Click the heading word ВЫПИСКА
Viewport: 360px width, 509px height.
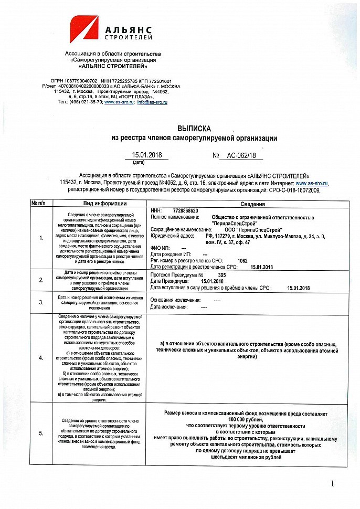coord(194,128)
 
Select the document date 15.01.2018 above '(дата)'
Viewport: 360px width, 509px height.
coord(148,155)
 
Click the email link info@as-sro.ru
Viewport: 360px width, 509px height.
coord(152,102)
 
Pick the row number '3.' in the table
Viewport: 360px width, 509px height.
coord(41,302)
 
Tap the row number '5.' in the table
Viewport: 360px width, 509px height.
coord(41,433)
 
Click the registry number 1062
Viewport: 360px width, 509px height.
coord(242,260)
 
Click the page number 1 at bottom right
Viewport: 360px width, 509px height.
coord(332,483)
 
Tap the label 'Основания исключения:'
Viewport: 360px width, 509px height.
coord(175,300)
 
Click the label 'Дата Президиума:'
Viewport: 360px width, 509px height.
coord(168,281)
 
